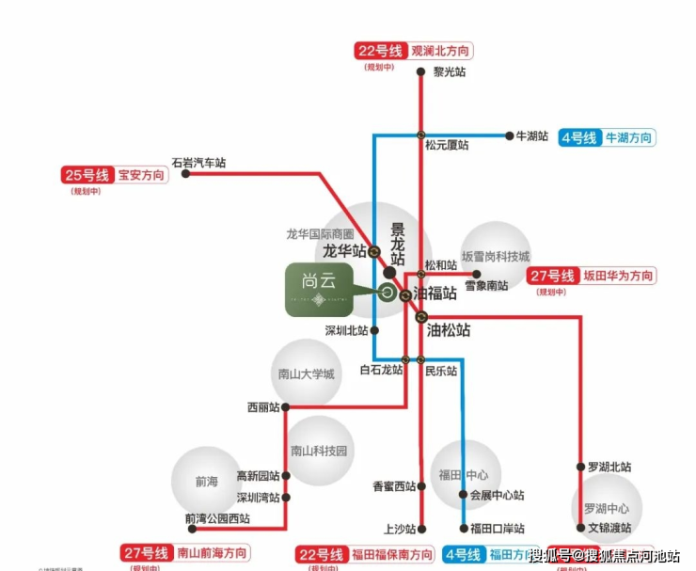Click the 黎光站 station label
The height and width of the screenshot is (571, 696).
449,71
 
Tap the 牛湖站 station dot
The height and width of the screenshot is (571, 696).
509,135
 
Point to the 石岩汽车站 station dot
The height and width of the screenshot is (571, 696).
185,174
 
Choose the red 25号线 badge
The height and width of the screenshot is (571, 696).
87,175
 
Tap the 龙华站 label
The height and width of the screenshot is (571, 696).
343,251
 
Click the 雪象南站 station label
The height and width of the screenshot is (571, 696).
486,285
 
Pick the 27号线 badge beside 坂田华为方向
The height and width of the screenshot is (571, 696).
552,276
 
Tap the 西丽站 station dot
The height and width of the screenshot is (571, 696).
285,407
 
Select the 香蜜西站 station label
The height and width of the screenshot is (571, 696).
394,486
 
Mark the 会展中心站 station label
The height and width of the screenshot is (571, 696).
497,495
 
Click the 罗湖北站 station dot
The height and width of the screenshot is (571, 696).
580,467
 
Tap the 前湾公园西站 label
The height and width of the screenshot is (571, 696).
217,518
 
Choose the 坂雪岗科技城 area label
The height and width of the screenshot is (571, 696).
496,256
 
